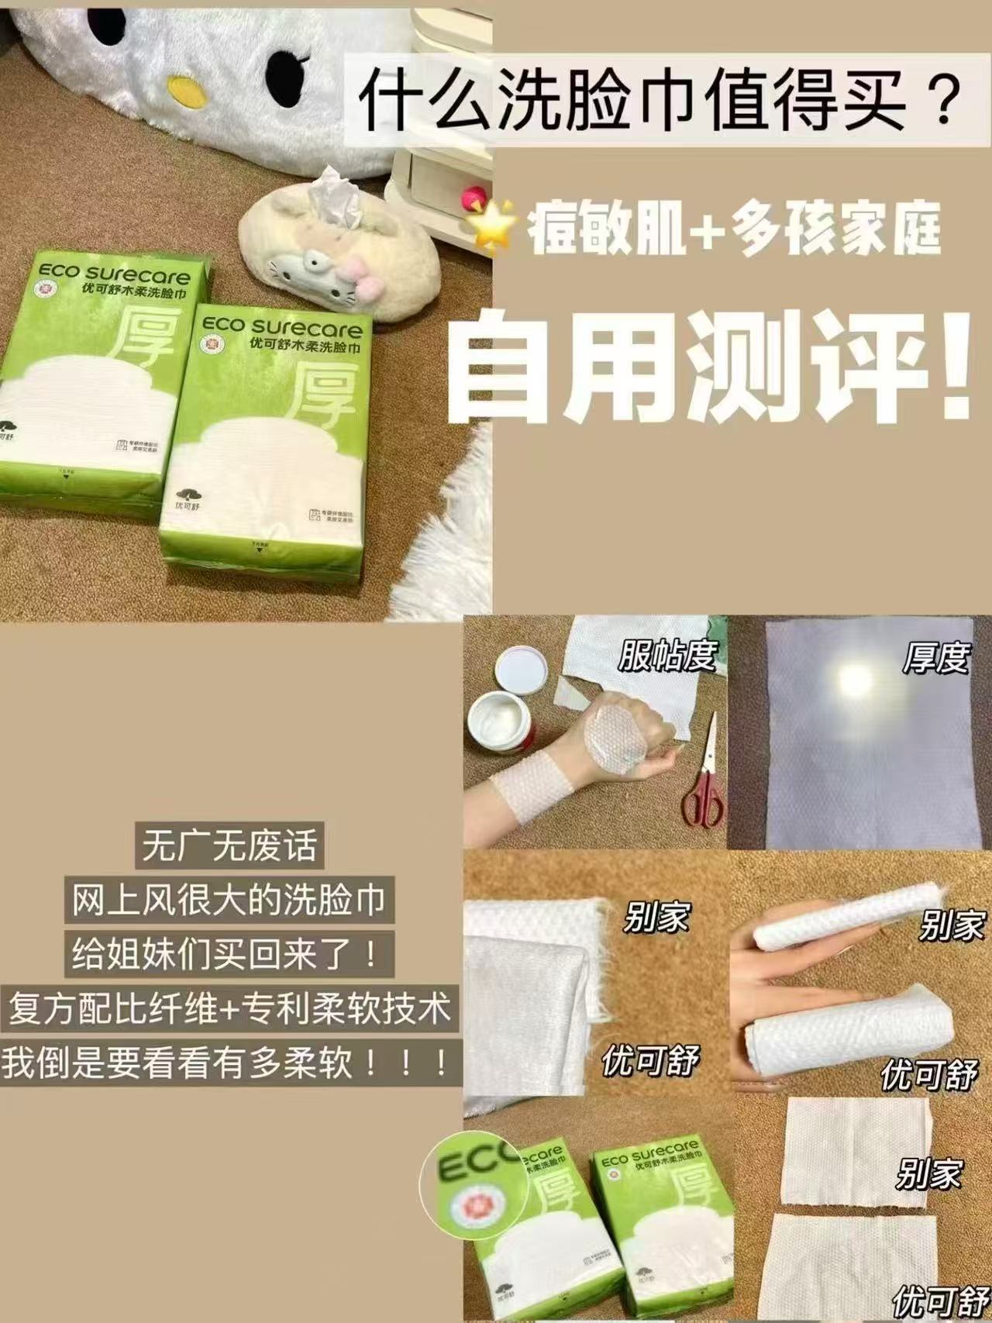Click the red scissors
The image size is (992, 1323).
coord(702,783)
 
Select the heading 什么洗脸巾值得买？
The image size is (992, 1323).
coord(659,99)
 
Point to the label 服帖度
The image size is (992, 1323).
coord(666,656)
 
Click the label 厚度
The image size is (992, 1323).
coord(936,659)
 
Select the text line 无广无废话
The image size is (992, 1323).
coord(229,845)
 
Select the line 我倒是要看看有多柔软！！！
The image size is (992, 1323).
coord(229,1063)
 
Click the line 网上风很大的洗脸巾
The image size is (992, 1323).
coord(229,900)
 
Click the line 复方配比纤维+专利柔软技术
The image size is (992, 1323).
coord(229,1009)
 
